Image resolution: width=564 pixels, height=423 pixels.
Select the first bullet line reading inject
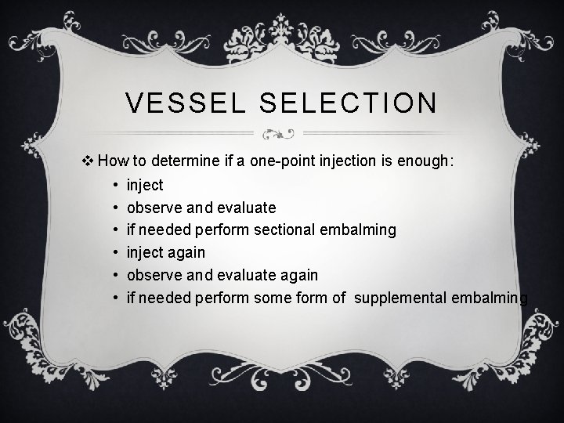click(145, 186)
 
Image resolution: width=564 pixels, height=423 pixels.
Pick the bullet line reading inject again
click(165, 252)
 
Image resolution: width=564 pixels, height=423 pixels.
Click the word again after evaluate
click(298, 275)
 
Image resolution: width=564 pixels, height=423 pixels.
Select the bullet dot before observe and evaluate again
click(115, 275)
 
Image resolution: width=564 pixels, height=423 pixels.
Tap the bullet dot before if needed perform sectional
click(115, 230)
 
